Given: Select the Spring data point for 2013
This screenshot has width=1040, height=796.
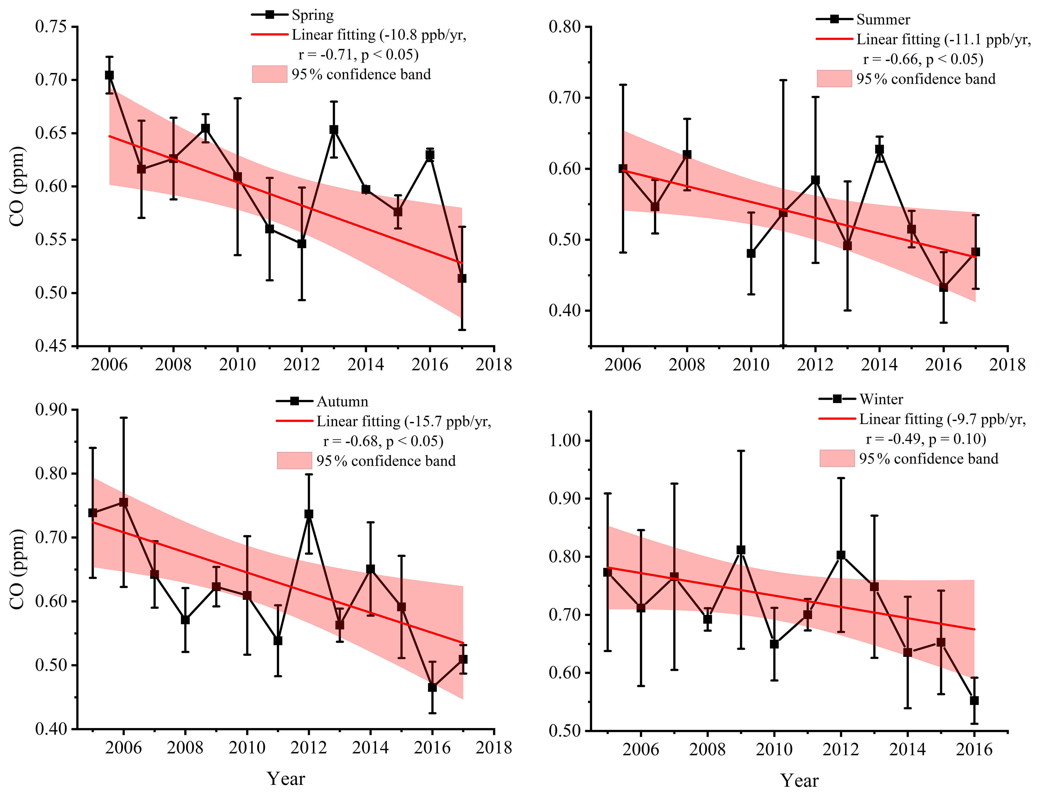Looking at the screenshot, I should pos(334,129).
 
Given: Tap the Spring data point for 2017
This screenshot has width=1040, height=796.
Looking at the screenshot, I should pos(462,278).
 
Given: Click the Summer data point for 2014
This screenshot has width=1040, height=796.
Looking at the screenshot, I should pos(879,149).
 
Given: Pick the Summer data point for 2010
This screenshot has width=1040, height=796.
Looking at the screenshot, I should pos(751,253).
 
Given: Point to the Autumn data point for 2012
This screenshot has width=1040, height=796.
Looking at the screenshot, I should pos(309,514).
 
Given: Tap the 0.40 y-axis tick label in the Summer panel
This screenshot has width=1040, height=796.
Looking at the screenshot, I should pos(565,311).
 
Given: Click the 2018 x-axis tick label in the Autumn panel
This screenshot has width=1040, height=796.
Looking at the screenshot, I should pos(494,748).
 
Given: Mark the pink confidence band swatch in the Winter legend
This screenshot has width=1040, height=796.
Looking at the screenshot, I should pos(837,458).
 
